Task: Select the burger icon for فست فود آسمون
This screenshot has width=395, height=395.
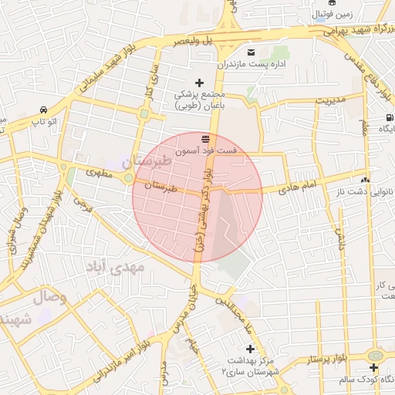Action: point(204,139)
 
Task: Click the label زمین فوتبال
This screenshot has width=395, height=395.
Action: point(333,14)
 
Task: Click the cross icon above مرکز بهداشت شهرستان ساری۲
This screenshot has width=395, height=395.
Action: point(250,349)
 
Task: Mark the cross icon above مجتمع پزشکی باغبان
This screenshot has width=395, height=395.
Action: point(199,83)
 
